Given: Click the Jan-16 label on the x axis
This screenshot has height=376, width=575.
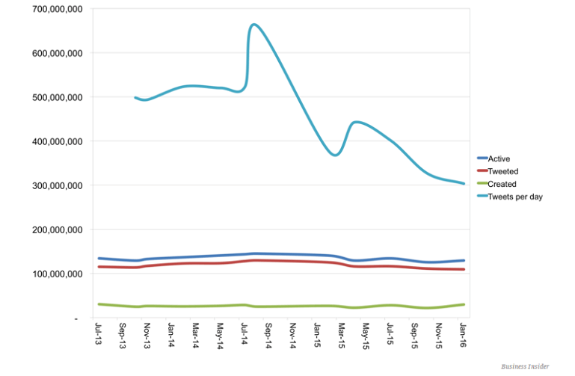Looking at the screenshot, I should pyautogui.click(x=463, y=334).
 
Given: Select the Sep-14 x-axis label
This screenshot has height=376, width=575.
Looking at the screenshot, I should pyautogui.click(x=269, y=335).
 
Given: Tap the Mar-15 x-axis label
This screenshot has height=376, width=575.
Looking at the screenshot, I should pyautogui.click(x=342, y=335).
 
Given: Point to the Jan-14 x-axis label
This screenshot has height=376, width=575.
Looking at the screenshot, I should pyautogui.click(x=172, y=335).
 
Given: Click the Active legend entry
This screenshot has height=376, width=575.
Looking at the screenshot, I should pyautogui.click(x=498, y=158).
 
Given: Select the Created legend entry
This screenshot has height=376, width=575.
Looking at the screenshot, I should pyautogui.click(x=502, y=184).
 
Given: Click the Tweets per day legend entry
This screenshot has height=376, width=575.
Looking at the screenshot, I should pyautogui.click(x=514, y=197).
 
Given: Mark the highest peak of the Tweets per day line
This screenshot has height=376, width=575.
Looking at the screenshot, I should pyautogui.click(x=254, y=25).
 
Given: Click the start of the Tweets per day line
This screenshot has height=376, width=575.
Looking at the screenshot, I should pyautogui.click(x=135, y=97).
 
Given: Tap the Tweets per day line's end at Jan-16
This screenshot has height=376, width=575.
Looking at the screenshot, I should pyautogui.click(x=464, y=183).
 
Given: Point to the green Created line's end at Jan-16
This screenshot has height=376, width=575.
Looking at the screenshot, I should pyautogui.click(x=464, y=304).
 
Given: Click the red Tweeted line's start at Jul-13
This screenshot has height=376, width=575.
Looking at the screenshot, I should pyautogui.click(x=99, y=266).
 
